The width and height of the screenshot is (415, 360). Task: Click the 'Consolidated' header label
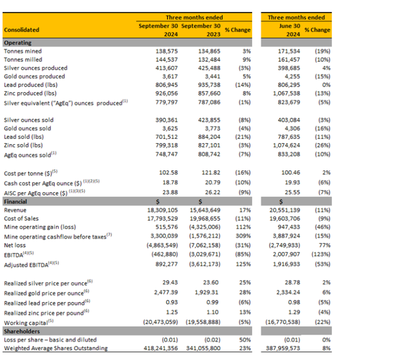point(22,30)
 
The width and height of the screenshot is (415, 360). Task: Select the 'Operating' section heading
point(18,43)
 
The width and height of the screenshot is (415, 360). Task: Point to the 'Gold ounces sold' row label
point(27,128)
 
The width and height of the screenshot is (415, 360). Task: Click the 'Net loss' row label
point(16,245)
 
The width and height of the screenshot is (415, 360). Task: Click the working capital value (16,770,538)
point(282,322)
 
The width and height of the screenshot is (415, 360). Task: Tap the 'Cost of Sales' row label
point(21,219)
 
